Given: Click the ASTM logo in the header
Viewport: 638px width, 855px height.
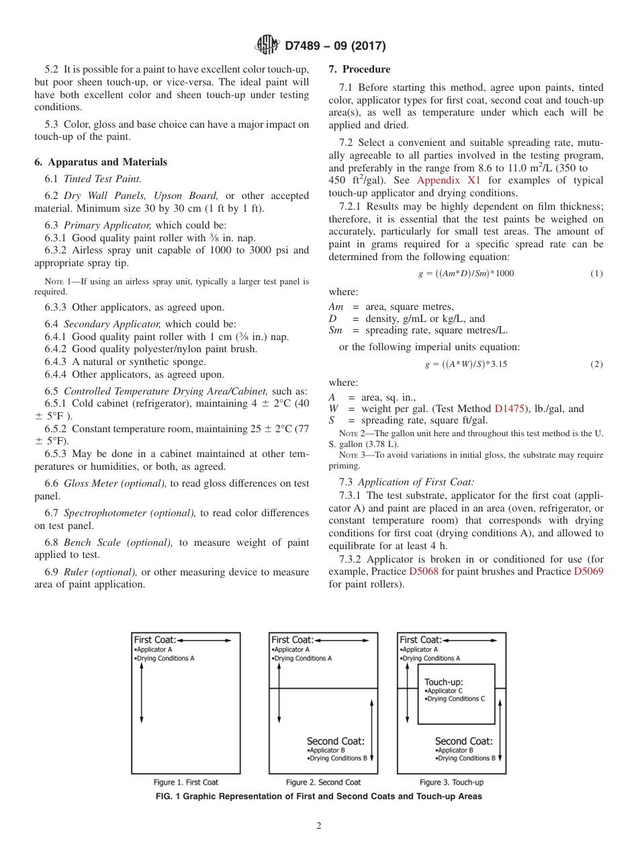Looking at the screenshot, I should point(268,46).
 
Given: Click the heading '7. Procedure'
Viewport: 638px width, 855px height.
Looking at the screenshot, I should point(359,69).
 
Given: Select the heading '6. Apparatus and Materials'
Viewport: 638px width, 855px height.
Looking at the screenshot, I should point(101,162).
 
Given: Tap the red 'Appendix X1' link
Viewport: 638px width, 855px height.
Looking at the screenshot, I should point(445,180).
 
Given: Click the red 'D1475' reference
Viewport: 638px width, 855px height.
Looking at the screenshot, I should point(508,408).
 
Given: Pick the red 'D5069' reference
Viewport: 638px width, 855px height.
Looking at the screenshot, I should point(588,571).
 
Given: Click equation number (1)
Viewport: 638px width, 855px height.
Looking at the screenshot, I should point(596,274).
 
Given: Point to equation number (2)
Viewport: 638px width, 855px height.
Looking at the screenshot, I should point(596,364).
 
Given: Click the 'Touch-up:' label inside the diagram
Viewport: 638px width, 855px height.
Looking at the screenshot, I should point(443,682).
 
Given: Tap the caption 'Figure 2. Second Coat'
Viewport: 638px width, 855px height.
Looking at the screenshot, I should point(323,782).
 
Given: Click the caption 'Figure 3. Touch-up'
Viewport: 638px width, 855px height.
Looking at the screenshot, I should point(451,782).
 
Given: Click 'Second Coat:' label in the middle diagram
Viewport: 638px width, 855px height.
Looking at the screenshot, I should point(335,741).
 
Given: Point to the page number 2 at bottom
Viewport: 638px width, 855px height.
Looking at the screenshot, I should point(319,826).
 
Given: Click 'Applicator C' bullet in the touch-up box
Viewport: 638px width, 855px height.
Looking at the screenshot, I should point(445,691).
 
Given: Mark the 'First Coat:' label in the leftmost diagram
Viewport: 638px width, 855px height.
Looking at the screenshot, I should point(154,640).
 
